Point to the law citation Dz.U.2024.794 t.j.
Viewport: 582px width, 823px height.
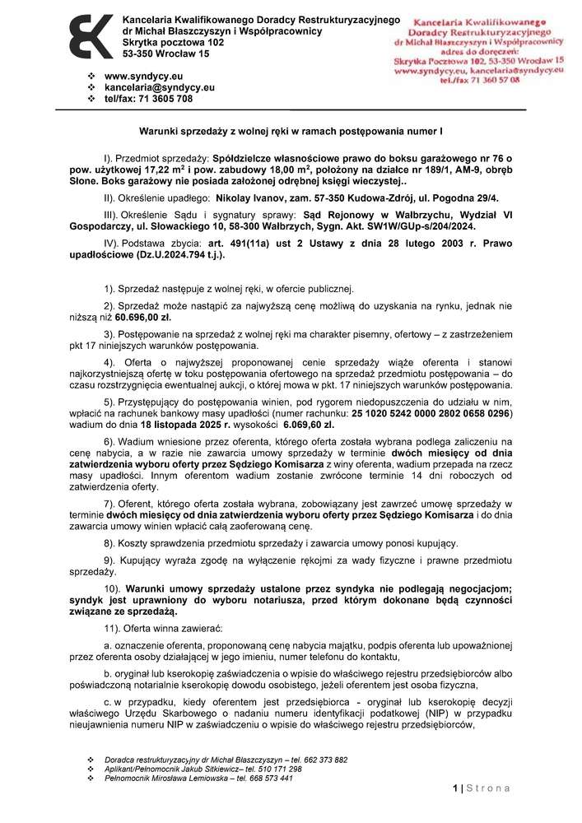[179, 256]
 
